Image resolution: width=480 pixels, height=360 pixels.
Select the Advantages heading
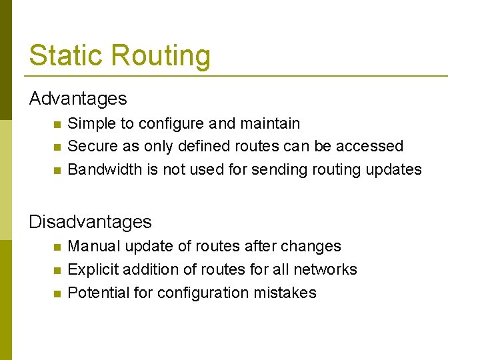77,99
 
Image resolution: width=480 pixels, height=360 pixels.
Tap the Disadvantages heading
90,221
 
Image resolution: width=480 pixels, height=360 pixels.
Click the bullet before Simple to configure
57,124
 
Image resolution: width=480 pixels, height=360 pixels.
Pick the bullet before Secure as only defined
57,147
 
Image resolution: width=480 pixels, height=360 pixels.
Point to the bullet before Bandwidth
57,170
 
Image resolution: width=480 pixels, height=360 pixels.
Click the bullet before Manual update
57,247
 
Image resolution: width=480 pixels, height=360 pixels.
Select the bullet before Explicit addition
57,270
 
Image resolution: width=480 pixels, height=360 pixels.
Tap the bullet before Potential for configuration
57,293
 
